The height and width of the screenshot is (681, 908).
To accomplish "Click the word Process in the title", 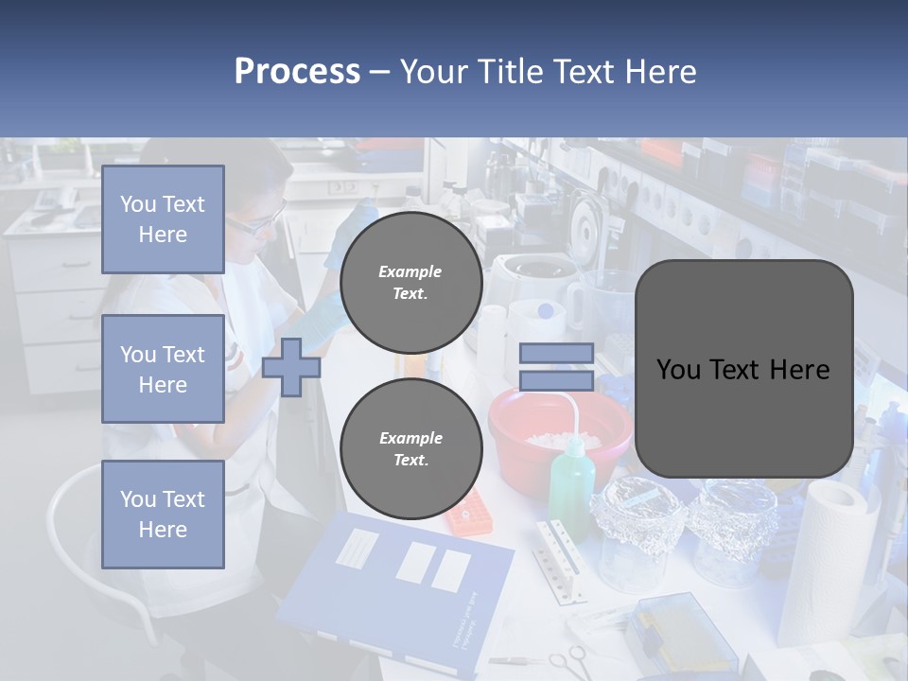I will (x=297, y=71).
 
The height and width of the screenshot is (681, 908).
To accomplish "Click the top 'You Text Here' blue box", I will (x=163, y=219).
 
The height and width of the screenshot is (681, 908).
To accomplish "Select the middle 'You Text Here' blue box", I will (x=163, y=369).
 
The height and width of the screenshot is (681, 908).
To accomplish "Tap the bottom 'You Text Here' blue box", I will (x=163, y=515).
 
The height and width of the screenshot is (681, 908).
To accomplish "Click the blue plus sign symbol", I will (x=290, y=367).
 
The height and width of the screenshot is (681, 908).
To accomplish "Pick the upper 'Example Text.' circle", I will (x=410, y=283).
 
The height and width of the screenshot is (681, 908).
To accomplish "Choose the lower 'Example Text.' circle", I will (x=410, y=449).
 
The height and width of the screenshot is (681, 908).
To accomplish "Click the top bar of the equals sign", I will (x=556, y=353).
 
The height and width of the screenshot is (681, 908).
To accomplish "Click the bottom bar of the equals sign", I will (x=556, y=380).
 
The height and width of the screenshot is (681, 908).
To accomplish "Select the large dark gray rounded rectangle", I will (x=743, y=369).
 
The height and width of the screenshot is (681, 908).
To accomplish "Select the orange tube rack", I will (x=470, y=512).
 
